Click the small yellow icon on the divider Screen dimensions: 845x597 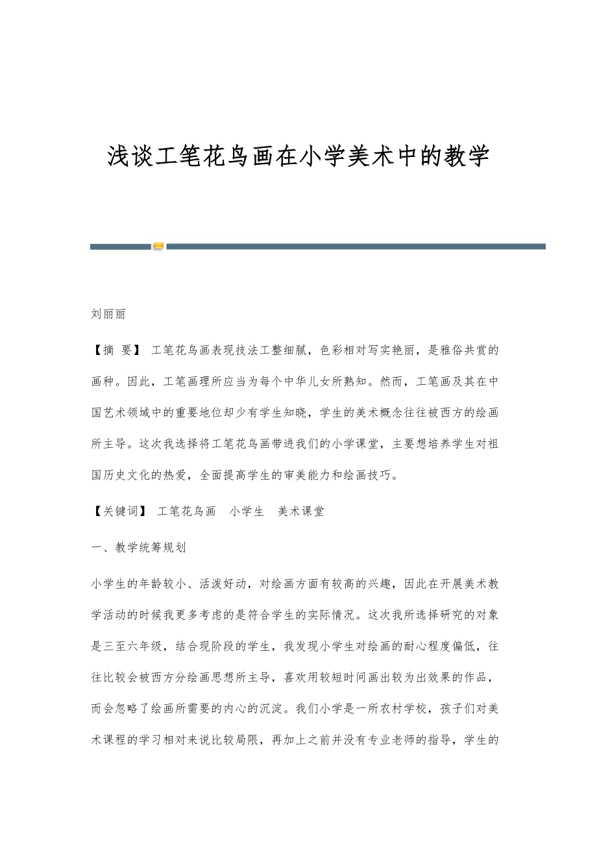[158, 246]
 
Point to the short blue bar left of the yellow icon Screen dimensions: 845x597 [120, 247]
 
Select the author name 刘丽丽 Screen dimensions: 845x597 [108, 314]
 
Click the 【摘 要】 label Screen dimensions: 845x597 [116, 350]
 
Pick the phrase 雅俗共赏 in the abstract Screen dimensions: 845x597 [463, 350]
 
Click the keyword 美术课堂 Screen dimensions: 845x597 [301, 511]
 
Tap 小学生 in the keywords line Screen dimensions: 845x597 [247, 511]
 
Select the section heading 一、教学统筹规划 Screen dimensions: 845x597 [139, 547]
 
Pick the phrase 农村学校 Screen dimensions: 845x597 [398, 709]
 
